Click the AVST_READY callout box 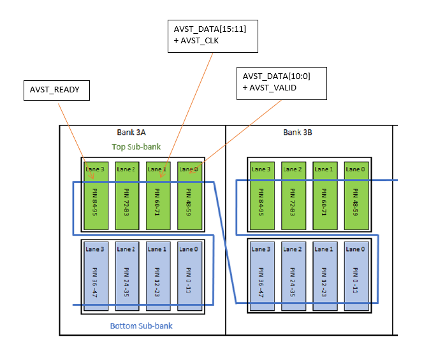pyautogui.click(x=55, y=90)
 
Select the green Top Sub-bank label pyautogui.click(x=136, y=147)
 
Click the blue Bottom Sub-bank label pyautogui.click(x=142, y=326)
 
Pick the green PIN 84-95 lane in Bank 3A pyautogui.click(x=95, y=196)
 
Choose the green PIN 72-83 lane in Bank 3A pyautogui.click(x=126, y=196)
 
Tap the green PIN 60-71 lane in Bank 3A pyautogui.click(x=157, y=196)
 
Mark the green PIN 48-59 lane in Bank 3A pyautogui.click(x=189, y=196)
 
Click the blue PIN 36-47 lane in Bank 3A pyautogui.click(x=95, y=275)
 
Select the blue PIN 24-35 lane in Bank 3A pyautogui.click(x=126, y=275)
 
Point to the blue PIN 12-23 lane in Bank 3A pyautogui.click(x=157, y=275)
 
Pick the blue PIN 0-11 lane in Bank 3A pyautogui.click(x=189, y=275)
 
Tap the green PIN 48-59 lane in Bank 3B pyautogui.click(x=355, y=196)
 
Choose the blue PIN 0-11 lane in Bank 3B pyautogui.click(x=355, y=275)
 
